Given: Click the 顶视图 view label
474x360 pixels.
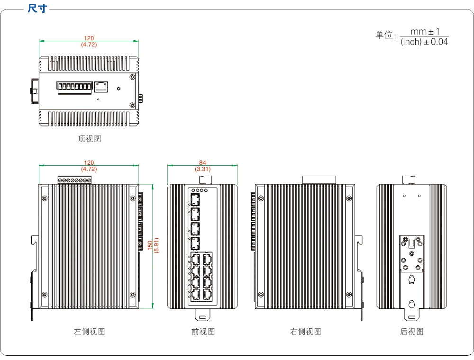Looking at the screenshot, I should [89, 139].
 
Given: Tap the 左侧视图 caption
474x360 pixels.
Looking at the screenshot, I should [89, 332].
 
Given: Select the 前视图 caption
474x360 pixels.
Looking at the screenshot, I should [203, 332].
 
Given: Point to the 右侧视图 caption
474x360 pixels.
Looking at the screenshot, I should [305, 332].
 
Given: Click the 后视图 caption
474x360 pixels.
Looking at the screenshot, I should [411, 332].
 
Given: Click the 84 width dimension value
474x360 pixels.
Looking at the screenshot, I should [202, 163].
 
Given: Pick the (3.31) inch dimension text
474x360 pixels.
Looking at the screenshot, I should [202, 169].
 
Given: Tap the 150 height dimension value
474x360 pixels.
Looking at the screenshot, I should [150, 245].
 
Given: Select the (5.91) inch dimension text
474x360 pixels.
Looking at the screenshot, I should [156, 245].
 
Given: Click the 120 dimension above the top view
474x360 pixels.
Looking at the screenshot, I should [89, 38].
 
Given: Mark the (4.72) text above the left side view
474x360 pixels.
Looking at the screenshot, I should [89, 169].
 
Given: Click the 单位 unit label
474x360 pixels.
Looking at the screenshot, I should [385, 36].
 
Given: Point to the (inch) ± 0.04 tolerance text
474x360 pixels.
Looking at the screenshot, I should [424, 42].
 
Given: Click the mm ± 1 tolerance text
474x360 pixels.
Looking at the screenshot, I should [425, 31].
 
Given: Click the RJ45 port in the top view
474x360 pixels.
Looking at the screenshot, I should [101, 86].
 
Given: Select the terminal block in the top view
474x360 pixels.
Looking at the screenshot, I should [74, 87].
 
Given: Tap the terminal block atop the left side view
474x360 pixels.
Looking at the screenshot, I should [74, 180].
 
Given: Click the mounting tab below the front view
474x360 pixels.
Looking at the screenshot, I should [202, 314].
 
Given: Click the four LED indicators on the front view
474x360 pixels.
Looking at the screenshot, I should [200, 190].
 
